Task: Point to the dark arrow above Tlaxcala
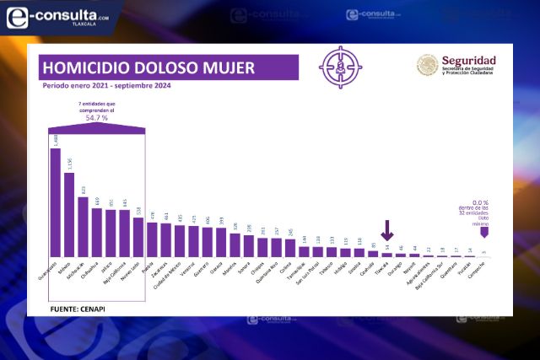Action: (387, 229)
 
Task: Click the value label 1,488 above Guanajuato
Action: (56, 139)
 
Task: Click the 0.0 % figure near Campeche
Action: (480, 203)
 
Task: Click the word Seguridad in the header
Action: (468, 62)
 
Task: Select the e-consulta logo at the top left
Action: (57, 14)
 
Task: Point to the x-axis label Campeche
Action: (478, 269)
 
